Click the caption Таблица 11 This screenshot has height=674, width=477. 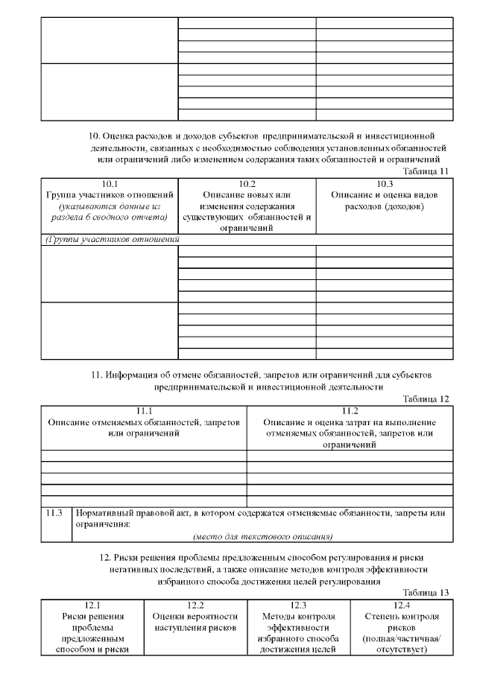425,171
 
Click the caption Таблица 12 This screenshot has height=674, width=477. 425,399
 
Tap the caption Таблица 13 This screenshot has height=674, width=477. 425,593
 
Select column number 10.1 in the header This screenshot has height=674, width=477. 109,184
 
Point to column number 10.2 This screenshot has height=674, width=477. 247,184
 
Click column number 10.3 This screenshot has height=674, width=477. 384,184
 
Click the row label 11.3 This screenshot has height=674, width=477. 54,513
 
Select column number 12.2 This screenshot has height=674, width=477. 195,605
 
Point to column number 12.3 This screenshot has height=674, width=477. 298,605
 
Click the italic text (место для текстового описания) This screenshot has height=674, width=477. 262,535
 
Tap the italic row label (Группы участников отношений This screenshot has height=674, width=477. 113,240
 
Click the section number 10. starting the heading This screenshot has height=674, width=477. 95,136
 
